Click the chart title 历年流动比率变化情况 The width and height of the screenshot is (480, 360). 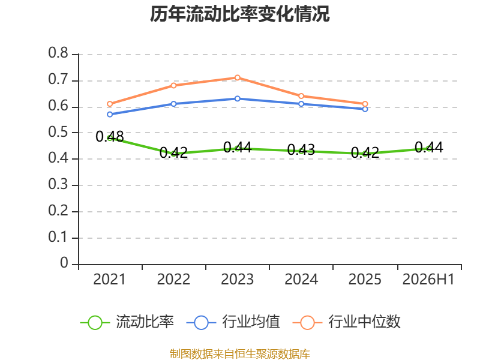(239, 14)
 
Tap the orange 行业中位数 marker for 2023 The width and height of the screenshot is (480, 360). (237, 78)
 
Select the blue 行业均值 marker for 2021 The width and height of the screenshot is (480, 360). (110, 115)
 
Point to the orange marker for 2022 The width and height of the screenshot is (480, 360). (173, 85)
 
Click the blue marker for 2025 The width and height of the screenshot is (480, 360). (365, 109)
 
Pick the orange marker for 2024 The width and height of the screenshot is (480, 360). (301, 96)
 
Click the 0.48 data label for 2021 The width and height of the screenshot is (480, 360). (110, 137)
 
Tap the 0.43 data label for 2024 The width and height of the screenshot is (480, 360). (301, 149)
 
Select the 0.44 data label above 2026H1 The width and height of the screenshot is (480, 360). (429, 148)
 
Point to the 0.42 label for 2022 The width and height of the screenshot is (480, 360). (173, 152)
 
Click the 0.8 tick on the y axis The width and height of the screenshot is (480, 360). (58, 53)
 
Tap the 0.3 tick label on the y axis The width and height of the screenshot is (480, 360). (58, 184)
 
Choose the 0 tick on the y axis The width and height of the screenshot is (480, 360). (64, 263)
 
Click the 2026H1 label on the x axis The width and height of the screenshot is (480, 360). (428, 279)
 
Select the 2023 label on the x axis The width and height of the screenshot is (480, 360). (237, 279)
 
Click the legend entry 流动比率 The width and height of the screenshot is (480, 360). (127, 322)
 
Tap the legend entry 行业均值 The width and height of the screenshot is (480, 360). (233, 322)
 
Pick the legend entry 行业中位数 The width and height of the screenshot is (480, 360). (347, 322)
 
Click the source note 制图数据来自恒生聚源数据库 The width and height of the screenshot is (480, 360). (240, 354)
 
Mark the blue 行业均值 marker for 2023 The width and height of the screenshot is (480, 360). (237, 98)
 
